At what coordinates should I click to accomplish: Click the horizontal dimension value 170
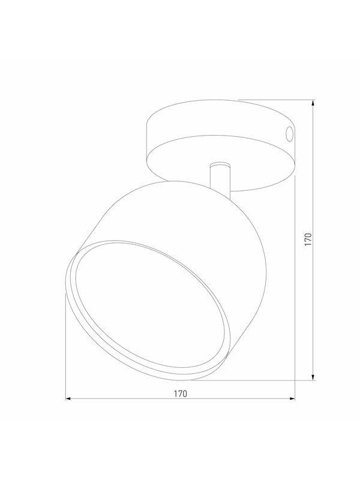pyautogui.click(x=181, y=394)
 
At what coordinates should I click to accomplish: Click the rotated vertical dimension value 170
pyautogui.click(x=308, y=239)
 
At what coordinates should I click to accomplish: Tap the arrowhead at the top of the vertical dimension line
pyautogui.click(x=313, y=103)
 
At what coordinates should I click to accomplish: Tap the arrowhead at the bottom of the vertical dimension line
pyautogui.click(x=313, y=377)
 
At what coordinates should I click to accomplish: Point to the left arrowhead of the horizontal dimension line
pyautogui.click(x=68, y=398)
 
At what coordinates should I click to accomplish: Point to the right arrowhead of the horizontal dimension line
pyautogui.click(x=292, y=398)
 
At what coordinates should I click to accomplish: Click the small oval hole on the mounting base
pyautogui.click(x=289, y=134)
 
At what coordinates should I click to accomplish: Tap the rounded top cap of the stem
pyautogui.click(x=220, y=164)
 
